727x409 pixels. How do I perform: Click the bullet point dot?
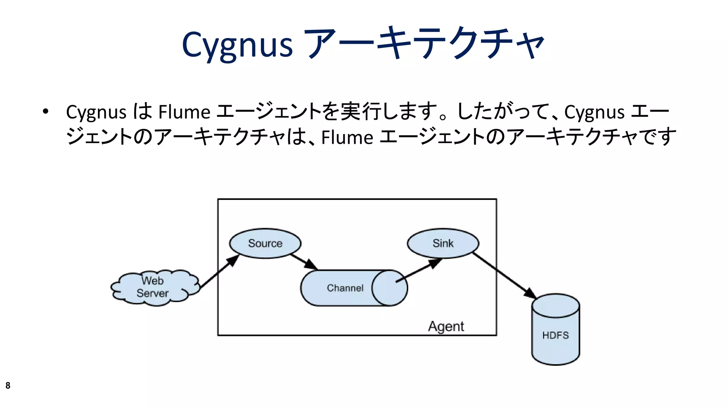[x=45, y=112]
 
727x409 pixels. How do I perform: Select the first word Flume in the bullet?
[x=184, y=112]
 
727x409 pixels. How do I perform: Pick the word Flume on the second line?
[x=347, y=138]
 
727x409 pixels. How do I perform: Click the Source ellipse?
[x=265, y=244]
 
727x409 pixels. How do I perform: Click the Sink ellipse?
[x=443, y=244]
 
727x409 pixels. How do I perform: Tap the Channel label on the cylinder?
[x=345, y=288]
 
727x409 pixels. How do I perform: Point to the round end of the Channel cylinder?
[x=390, y=288]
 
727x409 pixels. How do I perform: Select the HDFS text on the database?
[x=555, y=335]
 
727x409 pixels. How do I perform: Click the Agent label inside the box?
[x=446, y=326]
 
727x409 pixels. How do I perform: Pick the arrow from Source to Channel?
[x=304, y=262]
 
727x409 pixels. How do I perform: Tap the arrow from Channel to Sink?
[x=419, y=271]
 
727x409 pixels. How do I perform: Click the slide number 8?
[x=8, y=386]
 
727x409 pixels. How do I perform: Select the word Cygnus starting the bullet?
[x=96, y=112]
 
